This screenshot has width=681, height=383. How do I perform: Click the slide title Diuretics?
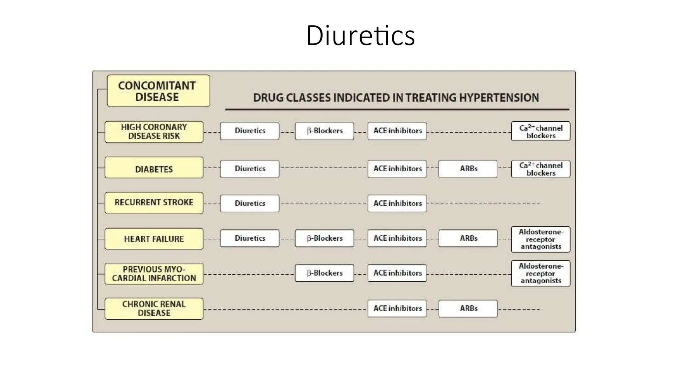360,35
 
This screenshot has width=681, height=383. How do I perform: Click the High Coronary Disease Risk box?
154,132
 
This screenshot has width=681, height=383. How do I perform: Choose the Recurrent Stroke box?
154,202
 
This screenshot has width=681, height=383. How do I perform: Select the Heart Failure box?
154,239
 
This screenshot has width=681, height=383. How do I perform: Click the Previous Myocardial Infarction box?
154,274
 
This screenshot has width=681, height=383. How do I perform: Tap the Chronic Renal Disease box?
154,309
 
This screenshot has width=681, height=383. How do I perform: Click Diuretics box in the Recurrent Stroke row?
250,203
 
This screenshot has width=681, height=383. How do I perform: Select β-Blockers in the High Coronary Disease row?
324,131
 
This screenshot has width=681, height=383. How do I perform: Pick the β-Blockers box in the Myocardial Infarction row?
324,273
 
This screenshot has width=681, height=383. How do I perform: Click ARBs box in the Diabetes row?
468,169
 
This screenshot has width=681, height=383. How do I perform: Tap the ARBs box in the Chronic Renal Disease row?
468,309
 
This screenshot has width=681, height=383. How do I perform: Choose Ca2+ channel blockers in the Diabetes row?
541,169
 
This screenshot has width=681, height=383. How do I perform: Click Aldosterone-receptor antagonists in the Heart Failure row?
541,239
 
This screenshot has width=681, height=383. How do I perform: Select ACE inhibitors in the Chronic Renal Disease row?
397,308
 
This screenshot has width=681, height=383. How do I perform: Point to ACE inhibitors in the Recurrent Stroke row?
397,203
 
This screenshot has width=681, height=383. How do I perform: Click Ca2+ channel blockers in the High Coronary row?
541,131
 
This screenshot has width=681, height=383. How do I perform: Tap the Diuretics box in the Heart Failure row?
250,238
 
